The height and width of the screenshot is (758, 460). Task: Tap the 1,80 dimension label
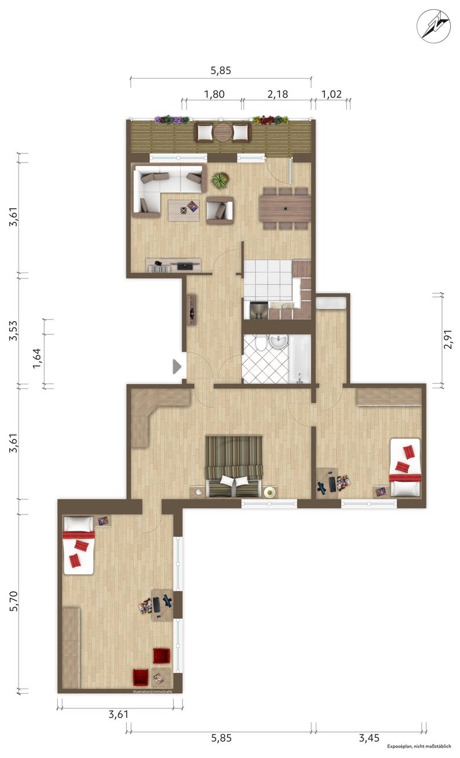pos(214,94)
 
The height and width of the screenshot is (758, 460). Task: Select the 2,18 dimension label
pos(278,94)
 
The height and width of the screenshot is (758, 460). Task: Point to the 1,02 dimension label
pos(331,94)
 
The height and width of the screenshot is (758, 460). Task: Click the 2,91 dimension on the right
pos(447,339)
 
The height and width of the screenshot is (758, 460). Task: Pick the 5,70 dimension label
pos(14,601)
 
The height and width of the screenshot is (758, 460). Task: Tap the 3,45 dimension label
pos(369,738)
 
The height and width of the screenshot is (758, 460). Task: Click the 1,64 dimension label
pos(36,359)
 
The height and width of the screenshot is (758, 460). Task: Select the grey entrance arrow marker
pos(177,367)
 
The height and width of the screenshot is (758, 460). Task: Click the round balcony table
pos(222,132)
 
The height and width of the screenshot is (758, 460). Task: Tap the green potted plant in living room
pos(220,181)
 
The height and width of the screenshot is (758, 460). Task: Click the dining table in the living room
pos(285,209)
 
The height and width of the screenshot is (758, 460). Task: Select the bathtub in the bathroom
pos(300,359)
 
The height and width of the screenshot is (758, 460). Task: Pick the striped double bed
pos(234,466)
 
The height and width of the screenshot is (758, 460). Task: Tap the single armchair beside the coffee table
pos(220,210)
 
